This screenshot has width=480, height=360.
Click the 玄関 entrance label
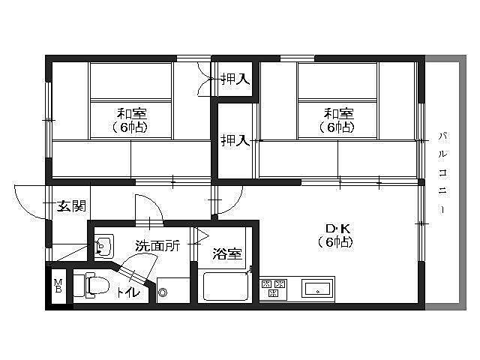[71, 205]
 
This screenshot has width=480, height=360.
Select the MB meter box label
[58, 286]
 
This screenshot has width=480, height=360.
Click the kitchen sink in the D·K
[318, 288]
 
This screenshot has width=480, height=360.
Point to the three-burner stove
[273, 288]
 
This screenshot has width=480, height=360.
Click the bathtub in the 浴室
[225, 286]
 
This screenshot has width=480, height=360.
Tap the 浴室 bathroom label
[227, 253]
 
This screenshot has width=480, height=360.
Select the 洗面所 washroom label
[157, 245]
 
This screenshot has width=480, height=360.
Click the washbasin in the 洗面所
[103, 246]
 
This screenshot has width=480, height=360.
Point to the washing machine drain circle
[163, 292]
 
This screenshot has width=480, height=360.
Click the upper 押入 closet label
[235, 79]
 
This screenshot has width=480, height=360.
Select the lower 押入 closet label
[235, 140]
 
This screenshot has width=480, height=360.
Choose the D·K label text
[337, 228]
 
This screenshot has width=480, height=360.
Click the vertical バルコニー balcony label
[442, 172]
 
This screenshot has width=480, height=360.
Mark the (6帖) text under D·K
[335, 242]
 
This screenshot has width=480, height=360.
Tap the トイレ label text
[128, 292]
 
